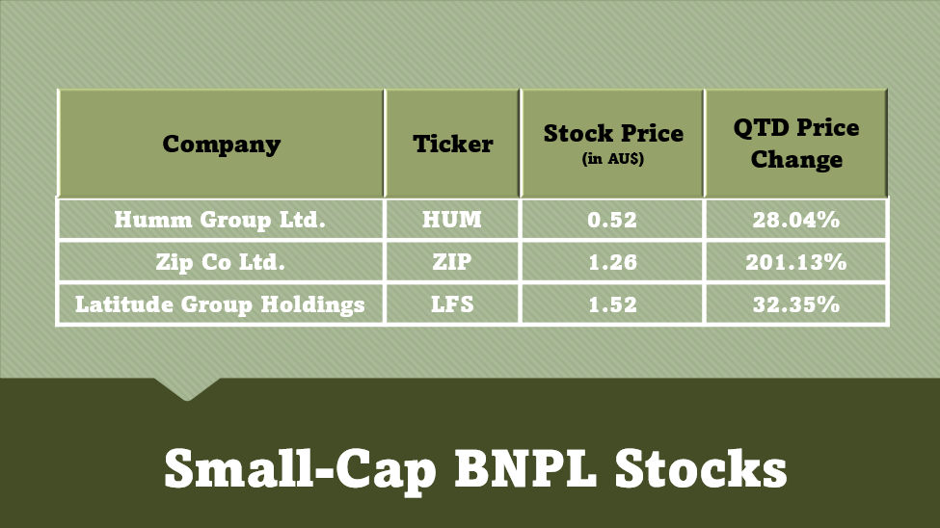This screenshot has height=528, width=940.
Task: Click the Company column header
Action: (x=221, y=144)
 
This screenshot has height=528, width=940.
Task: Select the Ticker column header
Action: (x=452, y=144)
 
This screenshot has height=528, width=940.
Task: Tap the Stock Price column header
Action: (x=613, y=133)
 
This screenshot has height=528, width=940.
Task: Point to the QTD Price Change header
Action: (x=796, y=144)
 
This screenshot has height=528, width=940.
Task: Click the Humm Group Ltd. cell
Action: (x=220, y=220)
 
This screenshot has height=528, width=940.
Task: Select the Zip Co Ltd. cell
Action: (x=220, y=262)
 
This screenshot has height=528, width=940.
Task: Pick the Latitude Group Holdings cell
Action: (x=220, y=304)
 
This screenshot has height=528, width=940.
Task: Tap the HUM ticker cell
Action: (x=452, y=220)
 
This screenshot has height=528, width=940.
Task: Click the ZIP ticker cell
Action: (x=452, y=262)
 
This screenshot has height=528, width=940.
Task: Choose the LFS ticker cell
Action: (x=452, y=304)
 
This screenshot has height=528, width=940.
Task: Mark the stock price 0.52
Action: (x=612, y=220)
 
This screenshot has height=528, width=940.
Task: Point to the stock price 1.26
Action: (x=612, y=262)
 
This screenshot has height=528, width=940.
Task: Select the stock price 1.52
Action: (x=612, y=304)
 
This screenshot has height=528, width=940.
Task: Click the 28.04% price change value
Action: (x=796, y=220)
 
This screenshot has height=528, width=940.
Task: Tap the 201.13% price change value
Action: (x=796, y=262)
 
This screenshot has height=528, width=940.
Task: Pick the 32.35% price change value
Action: (x=796, y=304)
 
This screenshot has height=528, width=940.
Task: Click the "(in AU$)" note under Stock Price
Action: (x=612, y=159)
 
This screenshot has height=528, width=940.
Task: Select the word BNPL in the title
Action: (x=525, y=468)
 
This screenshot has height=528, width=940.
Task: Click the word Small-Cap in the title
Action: (x=301, y=471)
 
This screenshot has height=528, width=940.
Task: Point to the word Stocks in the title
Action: (x=701, y=468)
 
